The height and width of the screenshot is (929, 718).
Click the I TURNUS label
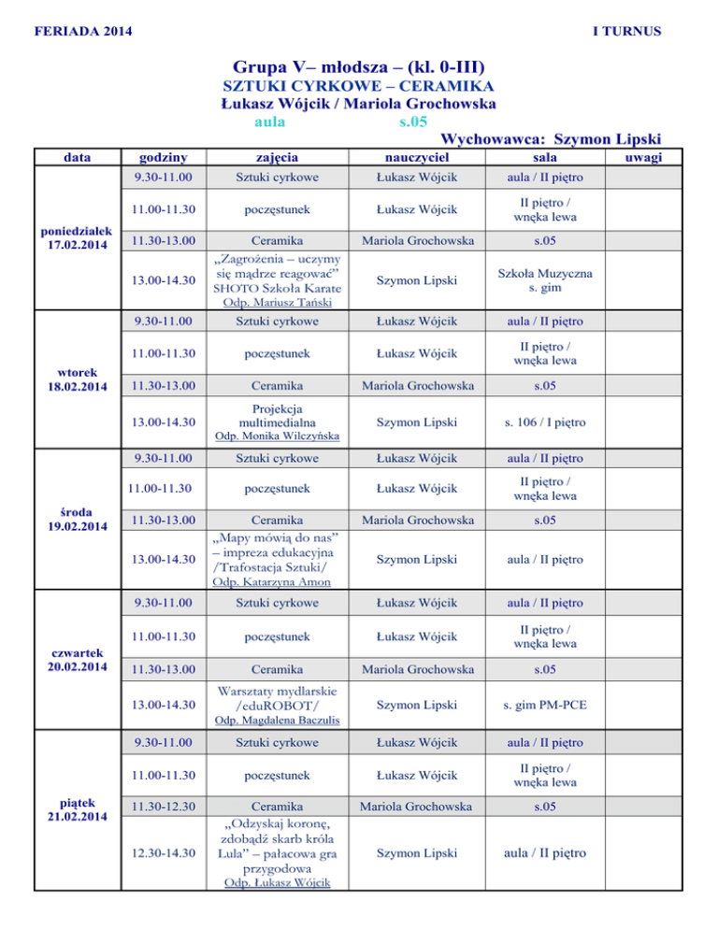[x=627, y=32]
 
